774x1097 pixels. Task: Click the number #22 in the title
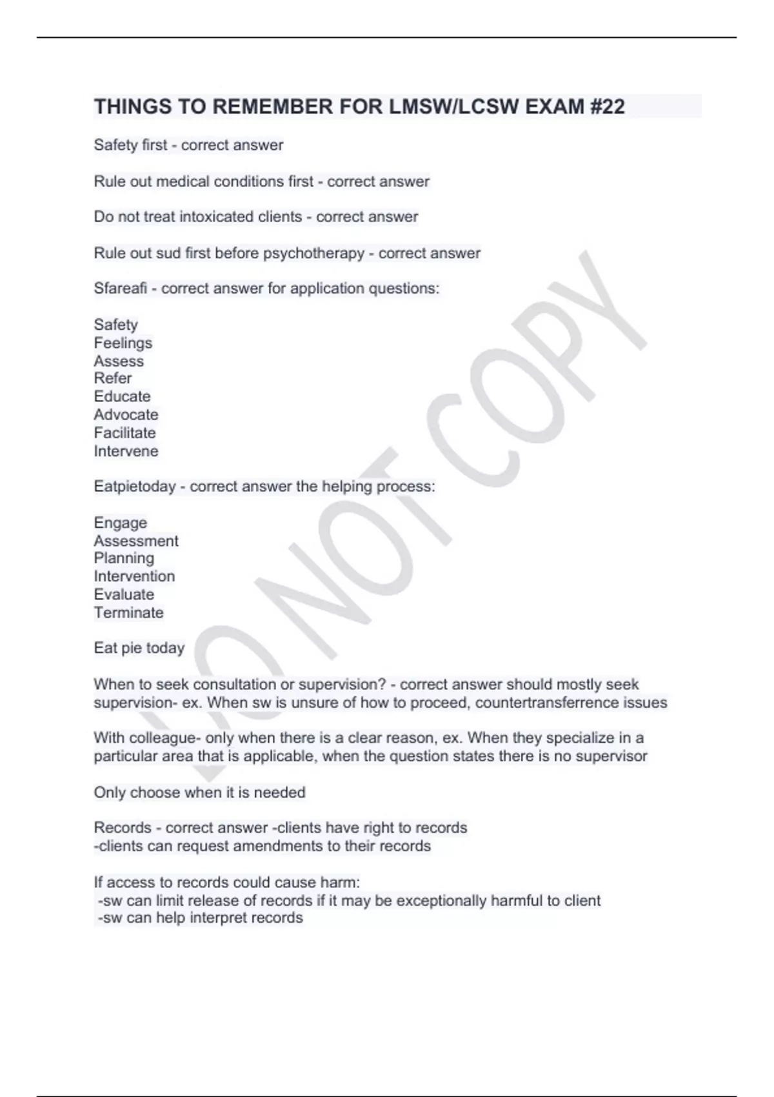607,106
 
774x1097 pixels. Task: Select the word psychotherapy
313,253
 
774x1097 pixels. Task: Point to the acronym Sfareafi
121,288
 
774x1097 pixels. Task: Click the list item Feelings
123,343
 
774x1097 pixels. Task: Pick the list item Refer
113,378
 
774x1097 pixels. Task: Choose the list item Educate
122,396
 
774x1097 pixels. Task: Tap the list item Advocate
126,414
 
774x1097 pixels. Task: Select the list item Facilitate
124,432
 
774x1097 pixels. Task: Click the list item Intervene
126,451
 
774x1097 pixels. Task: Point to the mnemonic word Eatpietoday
135,487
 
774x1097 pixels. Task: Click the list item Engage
121,523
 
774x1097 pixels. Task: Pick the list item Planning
124,558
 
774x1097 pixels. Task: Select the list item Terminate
128,612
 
